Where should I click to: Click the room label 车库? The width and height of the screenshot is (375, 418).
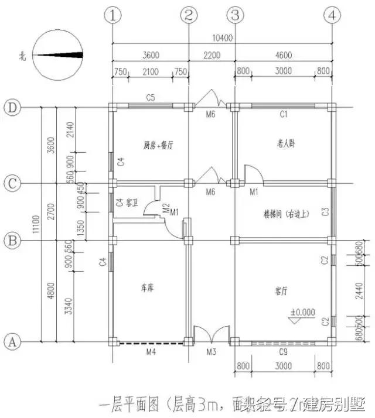pyautogui.click(x=148, y=288)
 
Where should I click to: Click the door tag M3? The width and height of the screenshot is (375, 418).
pyautogui.click(x=212, y=352)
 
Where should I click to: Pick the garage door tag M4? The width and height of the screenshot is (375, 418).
pyautogui.click(x=151, y=352)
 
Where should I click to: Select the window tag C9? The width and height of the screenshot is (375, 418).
pyautogui.click(x=283, y=351)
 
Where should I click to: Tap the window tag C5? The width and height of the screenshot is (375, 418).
pyautogui.click(x=151, y=98)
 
